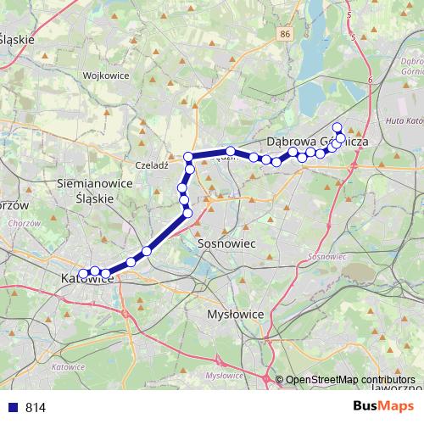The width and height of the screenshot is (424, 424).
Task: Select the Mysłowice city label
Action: (x=236, y=314)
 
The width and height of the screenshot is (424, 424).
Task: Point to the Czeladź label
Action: (x=153, y=165)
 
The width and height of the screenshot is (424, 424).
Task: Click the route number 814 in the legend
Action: (x=36, y=407)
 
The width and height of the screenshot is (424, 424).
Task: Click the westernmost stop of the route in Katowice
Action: (x=83, y=272)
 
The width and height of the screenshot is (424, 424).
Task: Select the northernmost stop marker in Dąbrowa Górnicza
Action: (x=337, y=127)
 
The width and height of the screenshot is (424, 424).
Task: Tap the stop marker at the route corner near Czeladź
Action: (x=188, y=157)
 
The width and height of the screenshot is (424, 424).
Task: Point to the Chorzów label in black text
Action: (x=12, y=206)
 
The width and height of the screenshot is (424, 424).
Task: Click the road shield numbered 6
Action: (x=371, y=79)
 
